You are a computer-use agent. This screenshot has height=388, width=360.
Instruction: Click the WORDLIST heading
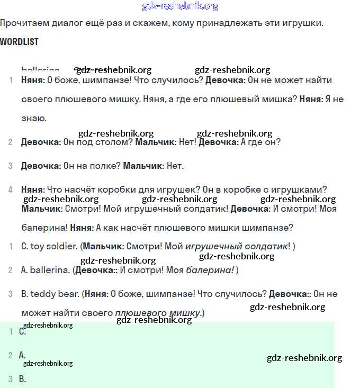pyautogui.click(x=19, y=41)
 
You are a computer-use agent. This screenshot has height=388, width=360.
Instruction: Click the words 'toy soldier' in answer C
pyautogui.click(x=54, y=246)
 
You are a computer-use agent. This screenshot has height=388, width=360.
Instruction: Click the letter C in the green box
pyautogui.click(x=22, y=332)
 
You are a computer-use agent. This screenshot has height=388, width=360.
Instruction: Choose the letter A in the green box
pyautogui.click(x=22, y=355)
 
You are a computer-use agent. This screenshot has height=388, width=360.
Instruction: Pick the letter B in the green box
pyautogui.click(x=22, y=379)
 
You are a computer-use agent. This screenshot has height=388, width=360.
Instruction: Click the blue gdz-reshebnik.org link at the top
pyautogui.click(x=180, y=6)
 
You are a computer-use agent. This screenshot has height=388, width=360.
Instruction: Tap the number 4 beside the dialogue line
pyautogui.click(x=11, y=190)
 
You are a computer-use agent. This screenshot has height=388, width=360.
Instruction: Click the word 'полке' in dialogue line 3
pyautogui.click(x=104, y=166)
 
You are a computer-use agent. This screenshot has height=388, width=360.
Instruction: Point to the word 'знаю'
pyautogui.click(x=34, y=118)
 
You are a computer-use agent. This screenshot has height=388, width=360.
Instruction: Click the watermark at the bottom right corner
pyautogui.click(x=304, y=358)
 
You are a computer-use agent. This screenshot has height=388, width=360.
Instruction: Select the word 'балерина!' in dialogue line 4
pyautogui.click(x=44, y=228)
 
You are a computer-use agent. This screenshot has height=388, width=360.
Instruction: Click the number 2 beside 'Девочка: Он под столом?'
pyautogui.click(x=11, y=142)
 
